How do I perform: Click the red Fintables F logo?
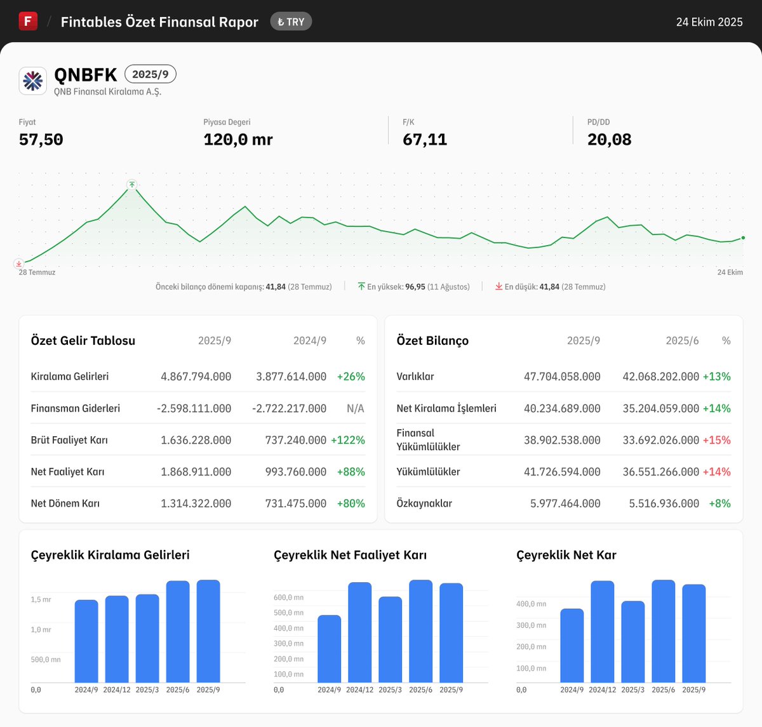(x=28, y=21)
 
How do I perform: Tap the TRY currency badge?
(x=291, y=22)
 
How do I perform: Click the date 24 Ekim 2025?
(x=709, y=22)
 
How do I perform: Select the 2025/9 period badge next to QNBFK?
(x=150, y=74)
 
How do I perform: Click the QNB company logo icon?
(x=33, y=81)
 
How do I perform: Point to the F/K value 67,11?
(x=425, y=140)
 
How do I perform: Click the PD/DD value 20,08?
(x=609, y=140)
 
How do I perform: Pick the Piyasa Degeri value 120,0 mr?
(x=238, y=140)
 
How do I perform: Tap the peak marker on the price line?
(x=131, y=185)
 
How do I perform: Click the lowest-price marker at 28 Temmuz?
(x=19, y=263)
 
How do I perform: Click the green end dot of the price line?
(x=743, y=238)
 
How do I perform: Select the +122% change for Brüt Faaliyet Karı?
(x=348, y=440)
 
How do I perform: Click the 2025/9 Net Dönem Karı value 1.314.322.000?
(x=196, y=504)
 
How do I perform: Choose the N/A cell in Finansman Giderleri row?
(x=355, y=408)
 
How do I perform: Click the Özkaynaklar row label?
(x=424, y=504)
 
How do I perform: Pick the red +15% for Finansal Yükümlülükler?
(x=716, y=440)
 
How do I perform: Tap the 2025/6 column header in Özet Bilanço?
(x=682, y=341)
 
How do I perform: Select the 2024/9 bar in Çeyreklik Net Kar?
(x=571, y=645)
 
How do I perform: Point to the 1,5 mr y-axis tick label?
(x=41, y=599)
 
